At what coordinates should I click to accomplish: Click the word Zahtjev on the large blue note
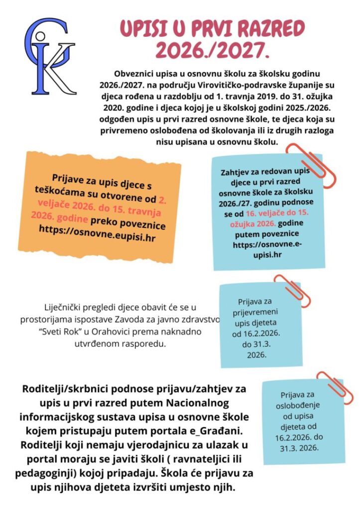(x=236, y=173)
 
